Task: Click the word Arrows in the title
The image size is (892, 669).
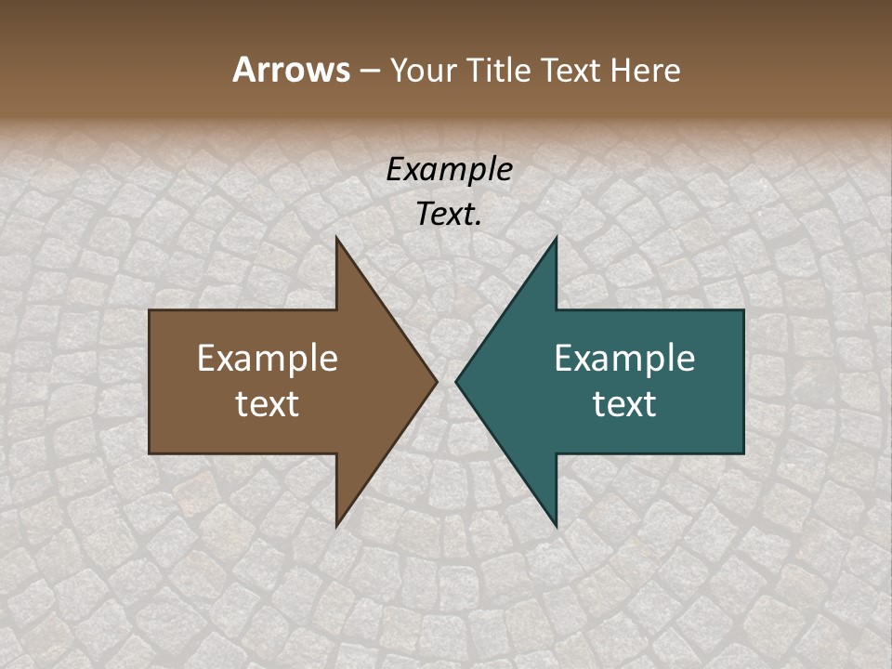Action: point(291,70)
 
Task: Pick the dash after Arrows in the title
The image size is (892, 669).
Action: point(369,71)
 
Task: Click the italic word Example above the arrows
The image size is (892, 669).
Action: point(449,169)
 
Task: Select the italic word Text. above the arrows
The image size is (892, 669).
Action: point(449,214)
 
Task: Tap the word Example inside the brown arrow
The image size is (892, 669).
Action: point(268,358)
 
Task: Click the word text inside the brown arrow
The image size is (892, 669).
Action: point(268,403)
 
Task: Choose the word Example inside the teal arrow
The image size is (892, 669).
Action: point(624,358)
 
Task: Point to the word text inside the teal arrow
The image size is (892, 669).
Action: point(624,403)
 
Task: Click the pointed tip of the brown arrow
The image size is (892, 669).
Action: point(436,381)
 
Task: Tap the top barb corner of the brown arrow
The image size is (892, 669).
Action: point(337,239)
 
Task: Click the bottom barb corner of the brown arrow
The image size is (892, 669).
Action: point(337,525)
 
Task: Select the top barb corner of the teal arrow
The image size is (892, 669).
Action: point(556,239)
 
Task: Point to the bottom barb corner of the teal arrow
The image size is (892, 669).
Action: point(556,525)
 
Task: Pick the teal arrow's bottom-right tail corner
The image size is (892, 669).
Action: point(742,453)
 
